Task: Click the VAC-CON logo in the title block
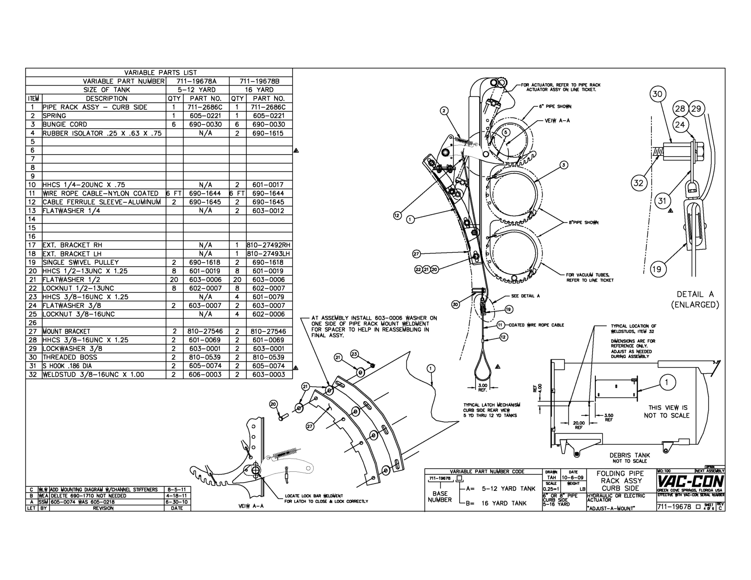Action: [x=691, y=482]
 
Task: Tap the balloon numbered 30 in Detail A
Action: [x=658, y=95]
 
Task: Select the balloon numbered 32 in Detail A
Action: [x=639, y=183]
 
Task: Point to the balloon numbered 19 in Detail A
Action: [x=656, y=269]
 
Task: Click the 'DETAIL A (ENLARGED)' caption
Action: [x=695, y=299]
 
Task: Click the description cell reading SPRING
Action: [x=55, y=116]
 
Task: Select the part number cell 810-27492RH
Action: [x=269, y=245]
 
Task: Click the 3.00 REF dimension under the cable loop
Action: [x=482, y=387]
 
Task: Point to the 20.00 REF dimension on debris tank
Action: [x=578, y=424]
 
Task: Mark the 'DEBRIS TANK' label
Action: [x=630, y=455]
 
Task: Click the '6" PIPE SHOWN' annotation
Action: [x=555, y=106]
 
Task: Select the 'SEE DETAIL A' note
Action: [x=525, y=296]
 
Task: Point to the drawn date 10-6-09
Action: [x=570, y=478]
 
